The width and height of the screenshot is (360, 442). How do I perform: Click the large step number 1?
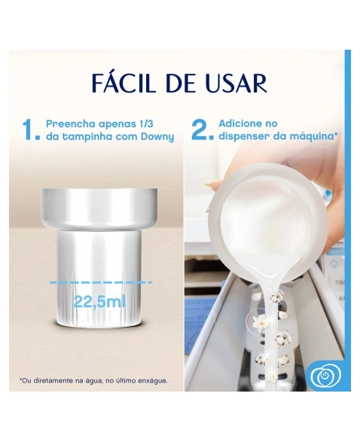[x=30, y=130]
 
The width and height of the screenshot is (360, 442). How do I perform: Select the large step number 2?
[x=201, y=130]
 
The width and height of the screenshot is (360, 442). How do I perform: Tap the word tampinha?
[x=87, y=138]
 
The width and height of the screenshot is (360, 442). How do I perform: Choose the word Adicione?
[x=240, y=123]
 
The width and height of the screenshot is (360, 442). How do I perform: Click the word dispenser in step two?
[x=240, y=137]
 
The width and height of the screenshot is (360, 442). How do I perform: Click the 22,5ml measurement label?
[x=99, y=302]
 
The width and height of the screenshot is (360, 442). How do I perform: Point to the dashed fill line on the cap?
[x=101, y=282]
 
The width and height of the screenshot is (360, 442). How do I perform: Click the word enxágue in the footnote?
[x=153, y=381]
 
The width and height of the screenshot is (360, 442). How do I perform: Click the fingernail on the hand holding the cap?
[x=209, y=184]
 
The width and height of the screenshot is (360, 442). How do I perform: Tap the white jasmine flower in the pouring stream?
[x=260, y=321]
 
